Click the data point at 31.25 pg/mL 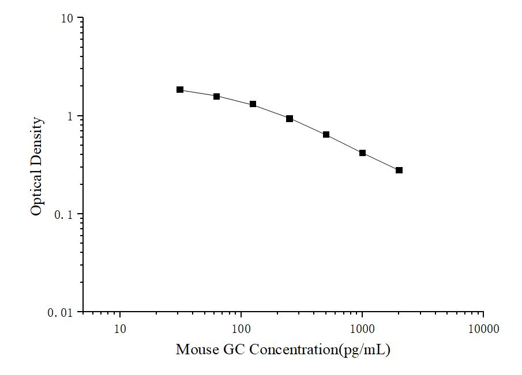pos(180,90)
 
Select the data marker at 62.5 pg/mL pos(216,96)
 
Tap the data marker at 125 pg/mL pos(253,104)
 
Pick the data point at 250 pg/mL pos(290,119)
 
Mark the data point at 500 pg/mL pos(326,135)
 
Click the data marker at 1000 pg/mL pos(362,153)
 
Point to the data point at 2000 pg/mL pos(399,171)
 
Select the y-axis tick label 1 pos(72,116)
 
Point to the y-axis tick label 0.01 pos(61,312)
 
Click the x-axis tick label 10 pos(120,329)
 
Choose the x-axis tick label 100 pos(241,329)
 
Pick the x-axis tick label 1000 pos(362,329)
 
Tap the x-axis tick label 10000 pos(483,329)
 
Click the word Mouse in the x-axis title pos(194,350)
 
